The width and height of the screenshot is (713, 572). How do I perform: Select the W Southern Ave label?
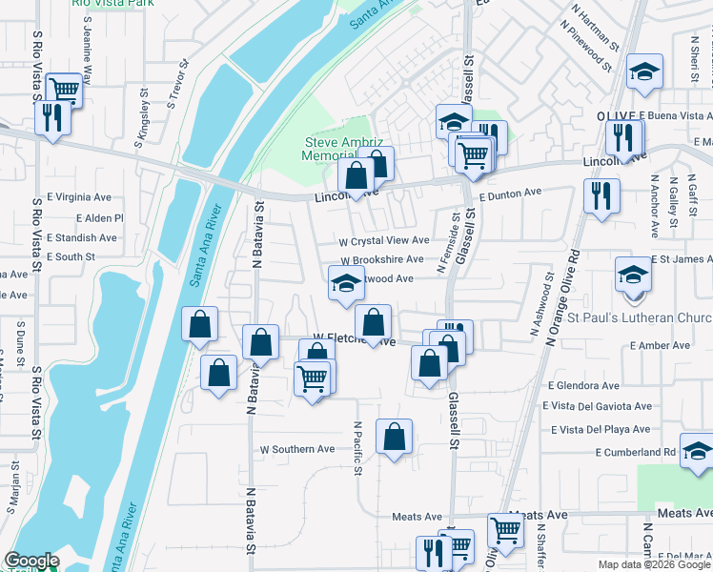[297, 448]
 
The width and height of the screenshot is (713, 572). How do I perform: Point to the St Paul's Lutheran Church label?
[640, 317]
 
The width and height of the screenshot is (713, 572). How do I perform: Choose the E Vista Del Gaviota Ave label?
[598, 406]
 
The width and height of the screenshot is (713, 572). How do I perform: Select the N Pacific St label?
[357, 448]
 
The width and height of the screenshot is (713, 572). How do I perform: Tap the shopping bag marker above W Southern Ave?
[394, 437]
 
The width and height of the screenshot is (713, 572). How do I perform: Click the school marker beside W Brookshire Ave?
[345, 282]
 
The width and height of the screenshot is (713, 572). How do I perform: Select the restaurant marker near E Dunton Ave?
[601, 195]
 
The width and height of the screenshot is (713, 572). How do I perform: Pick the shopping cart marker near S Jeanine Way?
[65, 89]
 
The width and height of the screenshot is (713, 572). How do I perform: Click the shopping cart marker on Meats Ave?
[504, 529]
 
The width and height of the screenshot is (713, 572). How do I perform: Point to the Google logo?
[32, 562]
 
